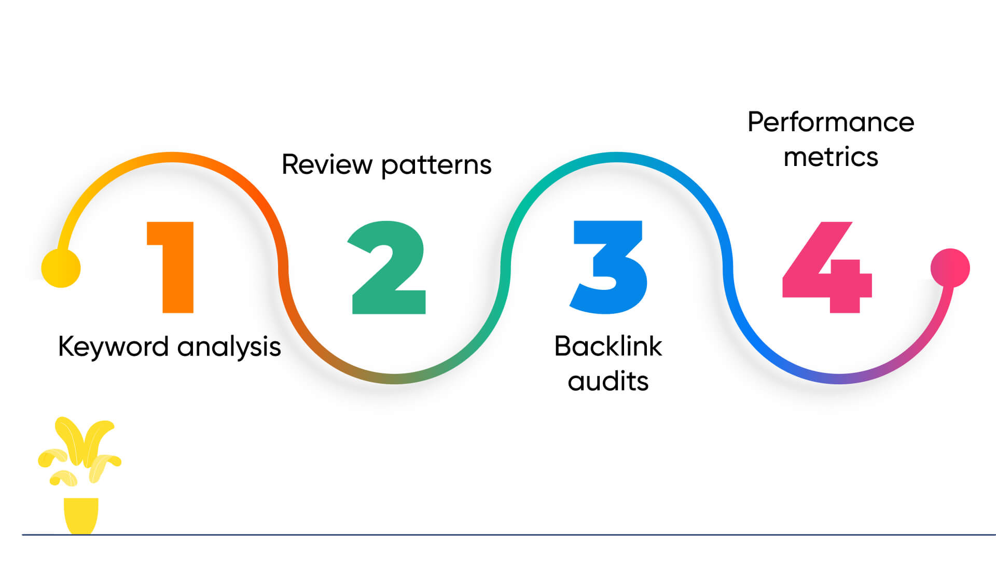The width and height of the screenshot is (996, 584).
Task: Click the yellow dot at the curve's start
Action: pyautogui.click(x=61, y=268)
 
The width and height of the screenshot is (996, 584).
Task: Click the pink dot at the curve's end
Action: pyautogui.click(x=950, y=268)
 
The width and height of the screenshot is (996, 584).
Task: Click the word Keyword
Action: pyautogui.click(x=113, y=346)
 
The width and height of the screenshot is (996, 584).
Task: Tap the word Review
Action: pyautogui.click(x=327, y=165)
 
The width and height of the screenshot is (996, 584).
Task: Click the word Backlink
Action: pyautogui.click(x=608, y=346)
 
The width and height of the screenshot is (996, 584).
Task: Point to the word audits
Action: pyautogui.click(x=608, y=381)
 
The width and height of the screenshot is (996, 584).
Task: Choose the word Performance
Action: pyautogui.click(x=831, y=122)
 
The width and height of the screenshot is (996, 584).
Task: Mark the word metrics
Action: pyautogui.click(x=831, y=157)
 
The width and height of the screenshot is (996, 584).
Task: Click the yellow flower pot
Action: pyautogui.click(x=81, y=515)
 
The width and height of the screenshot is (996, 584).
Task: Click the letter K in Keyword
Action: pyautogui.click(x=66, y=346)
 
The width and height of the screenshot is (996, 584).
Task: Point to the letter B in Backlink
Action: pyautogui.click(x=563, y=346)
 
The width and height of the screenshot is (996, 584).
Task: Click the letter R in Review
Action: pyautogui.click(x=290, y=164)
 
